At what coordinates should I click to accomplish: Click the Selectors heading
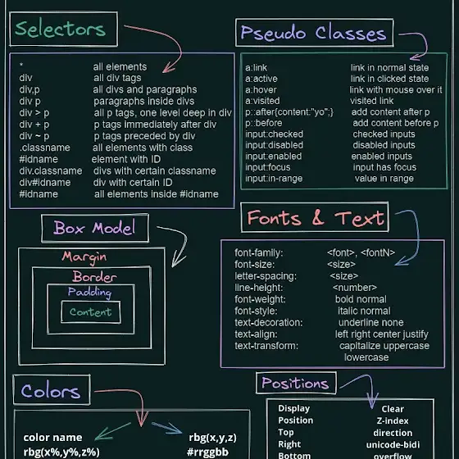coord(61,30)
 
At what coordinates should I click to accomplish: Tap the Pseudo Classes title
coord(313,33)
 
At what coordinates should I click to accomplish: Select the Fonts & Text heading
coord(316,218)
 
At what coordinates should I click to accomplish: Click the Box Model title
coord(94,228)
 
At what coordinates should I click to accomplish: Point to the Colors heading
coord(50,391)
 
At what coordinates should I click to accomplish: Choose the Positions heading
coord(295,383)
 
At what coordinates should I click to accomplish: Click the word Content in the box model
coord(90,312)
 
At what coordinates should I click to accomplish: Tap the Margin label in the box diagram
coord(84,257)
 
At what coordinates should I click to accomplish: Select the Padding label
coord(89,292)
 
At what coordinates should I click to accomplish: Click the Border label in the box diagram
coord(94,277)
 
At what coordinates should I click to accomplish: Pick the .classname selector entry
coord(45,148)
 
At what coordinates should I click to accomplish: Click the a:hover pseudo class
coord(261,90)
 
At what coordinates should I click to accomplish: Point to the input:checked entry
coord(275,134)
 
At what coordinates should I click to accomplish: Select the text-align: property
coord(256,334)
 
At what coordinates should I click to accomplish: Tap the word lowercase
coord(366,357)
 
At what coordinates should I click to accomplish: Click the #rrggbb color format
coord(207,452)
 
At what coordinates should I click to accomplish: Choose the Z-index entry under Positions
coord(393,421)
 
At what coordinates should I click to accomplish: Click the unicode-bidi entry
coord(393,444)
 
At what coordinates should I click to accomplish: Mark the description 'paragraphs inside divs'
coord(143,102)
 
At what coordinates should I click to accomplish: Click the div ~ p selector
coord(34,136)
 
